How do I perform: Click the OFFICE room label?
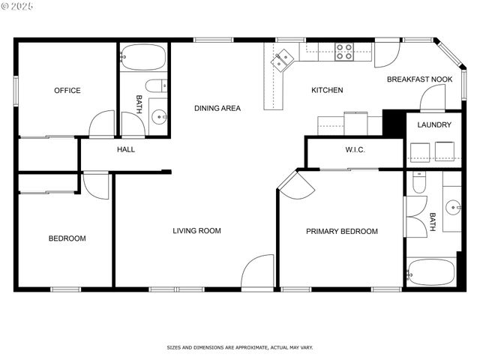(x=67, y=91)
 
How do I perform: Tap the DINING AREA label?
(x=217, y=109)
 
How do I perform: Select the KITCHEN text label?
(x=327, y=91)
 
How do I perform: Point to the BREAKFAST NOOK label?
(x=419, y=79)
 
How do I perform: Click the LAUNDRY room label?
(x=434, y=125)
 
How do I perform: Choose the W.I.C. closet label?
(x=355, y=150)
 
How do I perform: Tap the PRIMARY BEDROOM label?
(x=341, y=232)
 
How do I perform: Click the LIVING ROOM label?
(x=196, y=231)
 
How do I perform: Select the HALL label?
(x=126, y=150)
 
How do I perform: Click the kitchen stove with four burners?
(x=344, y=51)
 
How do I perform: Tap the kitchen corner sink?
(x=283, y=60)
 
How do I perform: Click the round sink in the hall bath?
(x=158, y=116)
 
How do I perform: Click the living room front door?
(x=259, y=272)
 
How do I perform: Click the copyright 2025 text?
(x=18, y=6)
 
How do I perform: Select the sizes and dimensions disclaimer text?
(x=239, y=348)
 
